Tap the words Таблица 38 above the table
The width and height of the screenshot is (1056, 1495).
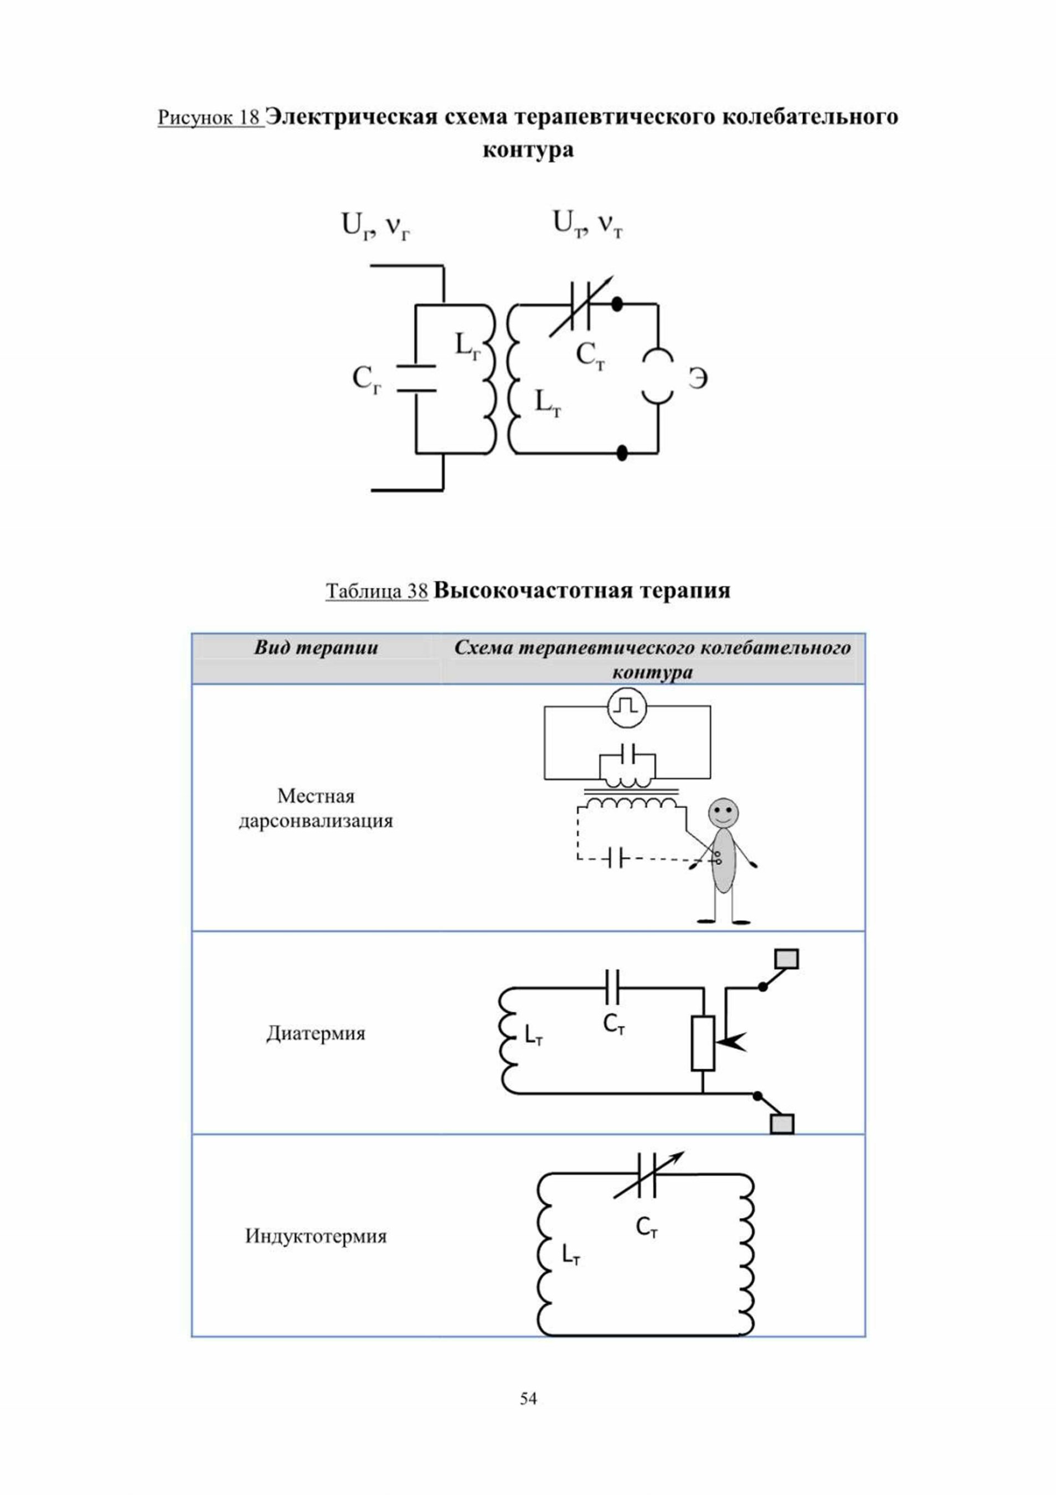377,591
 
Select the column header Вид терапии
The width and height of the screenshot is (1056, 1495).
316,647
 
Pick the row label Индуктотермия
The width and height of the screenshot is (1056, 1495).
316,1236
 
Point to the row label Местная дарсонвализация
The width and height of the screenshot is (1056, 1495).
316,808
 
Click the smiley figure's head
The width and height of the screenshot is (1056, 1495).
723,813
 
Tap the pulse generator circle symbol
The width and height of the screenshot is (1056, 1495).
627,708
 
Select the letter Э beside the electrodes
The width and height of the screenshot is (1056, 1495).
698,378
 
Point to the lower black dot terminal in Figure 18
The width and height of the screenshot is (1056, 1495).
622,452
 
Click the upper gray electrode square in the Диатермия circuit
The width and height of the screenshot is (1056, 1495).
786,959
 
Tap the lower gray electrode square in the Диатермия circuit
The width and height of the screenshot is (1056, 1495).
782,1124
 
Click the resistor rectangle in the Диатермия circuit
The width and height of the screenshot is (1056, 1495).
703,1043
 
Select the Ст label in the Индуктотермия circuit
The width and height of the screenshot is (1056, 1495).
646,1228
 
